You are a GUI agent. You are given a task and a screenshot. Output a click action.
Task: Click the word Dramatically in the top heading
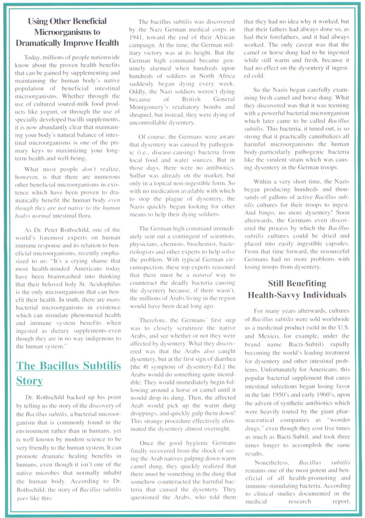40,42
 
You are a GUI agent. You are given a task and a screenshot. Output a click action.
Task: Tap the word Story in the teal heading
29,381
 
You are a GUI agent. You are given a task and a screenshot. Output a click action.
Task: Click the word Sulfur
138,169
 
